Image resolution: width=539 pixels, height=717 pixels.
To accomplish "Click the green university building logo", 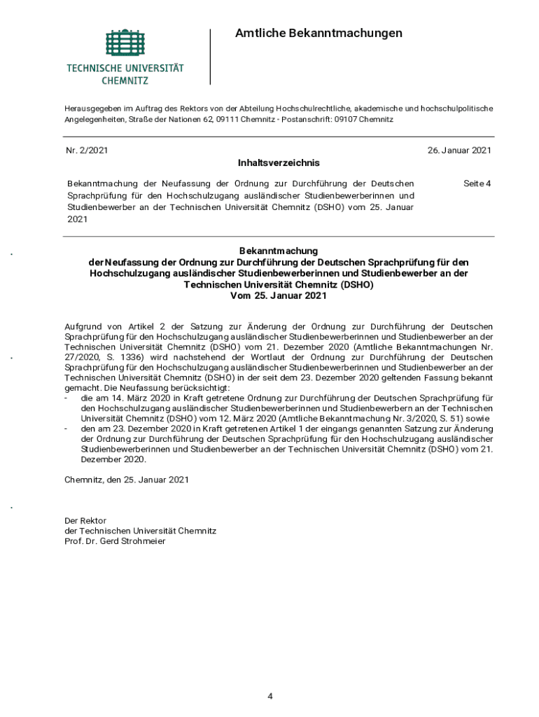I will coord(125,44).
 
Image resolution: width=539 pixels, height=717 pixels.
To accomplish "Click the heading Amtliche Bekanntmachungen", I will coord(318,33).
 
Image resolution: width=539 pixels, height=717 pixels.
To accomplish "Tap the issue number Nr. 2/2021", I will coord(86,151).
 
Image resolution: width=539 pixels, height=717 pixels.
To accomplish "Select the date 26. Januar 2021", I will coord(459,151).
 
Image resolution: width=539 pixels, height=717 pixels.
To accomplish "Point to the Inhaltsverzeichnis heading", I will coord(279,162).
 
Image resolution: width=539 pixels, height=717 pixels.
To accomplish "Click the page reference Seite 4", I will coord(477,183).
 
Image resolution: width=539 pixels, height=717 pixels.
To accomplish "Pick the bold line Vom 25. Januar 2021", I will coord(279,295).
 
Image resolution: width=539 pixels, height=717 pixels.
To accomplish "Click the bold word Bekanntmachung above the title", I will coord(279,250).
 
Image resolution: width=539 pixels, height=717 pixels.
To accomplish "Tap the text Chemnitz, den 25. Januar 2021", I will coord(127,480).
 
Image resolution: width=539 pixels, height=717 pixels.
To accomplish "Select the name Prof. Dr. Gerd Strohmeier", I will coord(115,541).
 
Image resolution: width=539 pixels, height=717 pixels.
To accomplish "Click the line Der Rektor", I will coord(85,520).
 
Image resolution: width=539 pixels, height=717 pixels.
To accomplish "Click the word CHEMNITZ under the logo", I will coord(125,81).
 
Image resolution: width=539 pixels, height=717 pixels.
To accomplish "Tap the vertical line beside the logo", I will coord(210,56).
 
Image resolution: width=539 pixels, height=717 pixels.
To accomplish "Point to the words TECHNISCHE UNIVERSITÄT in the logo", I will coord(125,69).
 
